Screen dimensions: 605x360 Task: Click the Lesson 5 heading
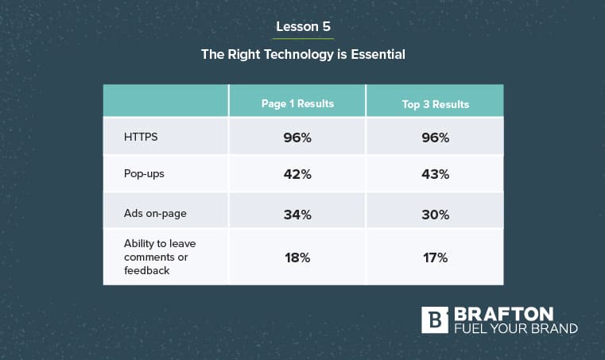click(x=303, y=26)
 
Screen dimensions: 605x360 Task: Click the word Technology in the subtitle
click(x=299, y=54)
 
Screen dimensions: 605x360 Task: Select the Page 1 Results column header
click(x=297, y=104)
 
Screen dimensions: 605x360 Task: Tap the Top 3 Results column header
click(x=435, y=104)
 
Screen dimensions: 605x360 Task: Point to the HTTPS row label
click(x=141, y=137)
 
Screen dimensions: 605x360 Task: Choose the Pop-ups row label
click(x=144, y=174)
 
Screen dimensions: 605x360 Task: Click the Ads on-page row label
click(x=155, y=213)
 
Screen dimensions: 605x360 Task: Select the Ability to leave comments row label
click(x=160, y=257)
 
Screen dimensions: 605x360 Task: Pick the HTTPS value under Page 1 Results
click(x=297, y=137)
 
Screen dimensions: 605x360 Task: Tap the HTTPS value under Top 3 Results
click(x=435, y=137)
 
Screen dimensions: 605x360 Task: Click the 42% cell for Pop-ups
click(x=297, y=174)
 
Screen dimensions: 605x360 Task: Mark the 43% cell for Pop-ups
click(x=435, y=174)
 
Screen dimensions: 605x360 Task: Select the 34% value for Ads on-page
click(x=297, y=215)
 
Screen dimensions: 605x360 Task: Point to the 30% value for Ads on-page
click(x=435, y=215)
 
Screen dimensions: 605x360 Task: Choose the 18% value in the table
click(x=297, y=257)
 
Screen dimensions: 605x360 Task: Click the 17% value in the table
click(x=435, y=257)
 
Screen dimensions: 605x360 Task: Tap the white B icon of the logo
click(x=435, y=320)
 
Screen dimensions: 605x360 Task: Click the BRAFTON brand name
click(x=503, y=314)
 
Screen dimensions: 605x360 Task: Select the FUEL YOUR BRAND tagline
click(x=516, y=328)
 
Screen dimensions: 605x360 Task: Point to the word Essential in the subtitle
click(x=378, y=54)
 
